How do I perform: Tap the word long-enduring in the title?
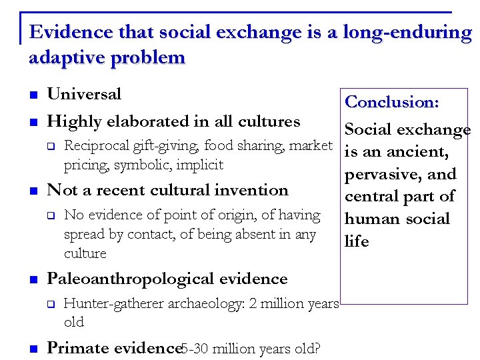[407, 32]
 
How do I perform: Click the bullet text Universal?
[84, 94]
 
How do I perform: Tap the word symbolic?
[152, 165]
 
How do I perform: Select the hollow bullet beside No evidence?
[49, 215]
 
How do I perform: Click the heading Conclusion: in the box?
[392, 102]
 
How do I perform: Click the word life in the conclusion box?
[357, 241]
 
